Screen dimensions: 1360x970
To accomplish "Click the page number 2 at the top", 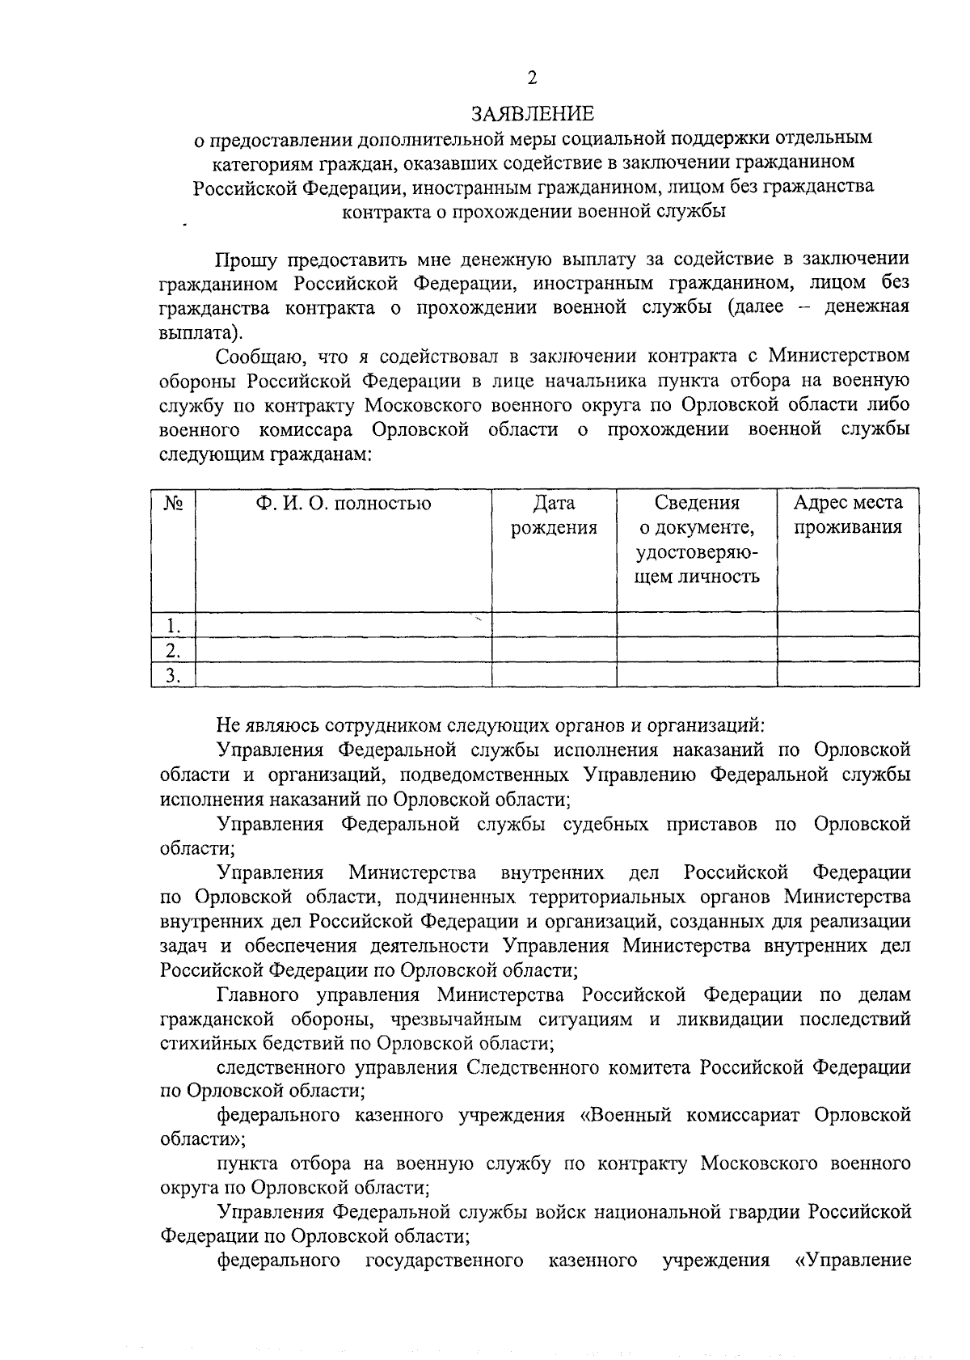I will click(532, 78).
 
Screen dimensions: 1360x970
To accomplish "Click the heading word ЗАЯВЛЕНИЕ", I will click(533, 112).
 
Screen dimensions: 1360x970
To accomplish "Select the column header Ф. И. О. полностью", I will click(344, 504).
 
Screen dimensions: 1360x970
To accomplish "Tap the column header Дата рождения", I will click(555, 515).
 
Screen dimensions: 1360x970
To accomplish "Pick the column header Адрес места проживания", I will click(847, 515).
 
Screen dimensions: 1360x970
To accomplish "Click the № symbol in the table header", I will click(173, 504).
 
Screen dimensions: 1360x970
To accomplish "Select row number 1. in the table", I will click(171, 625).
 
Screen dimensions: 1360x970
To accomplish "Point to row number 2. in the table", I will click(171, 650).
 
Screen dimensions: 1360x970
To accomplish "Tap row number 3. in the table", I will click(171, 675).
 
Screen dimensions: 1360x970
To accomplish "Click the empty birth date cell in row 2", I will click(555, 650).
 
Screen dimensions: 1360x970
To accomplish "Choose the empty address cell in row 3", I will click(847, 675).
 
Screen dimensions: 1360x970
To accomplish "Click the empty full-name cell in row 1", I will click(344, 625).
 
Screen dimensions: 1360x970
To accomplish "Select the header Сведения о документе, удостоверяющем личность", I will click(696, 539).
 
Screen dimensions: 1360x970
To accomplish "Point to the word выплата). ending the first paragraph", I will click(200, 332).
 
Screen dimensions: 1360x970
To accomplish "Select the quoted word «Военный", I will click(626, 1116).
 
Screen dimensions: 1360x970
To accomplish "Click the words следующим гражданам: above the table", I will click(265, 454).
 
